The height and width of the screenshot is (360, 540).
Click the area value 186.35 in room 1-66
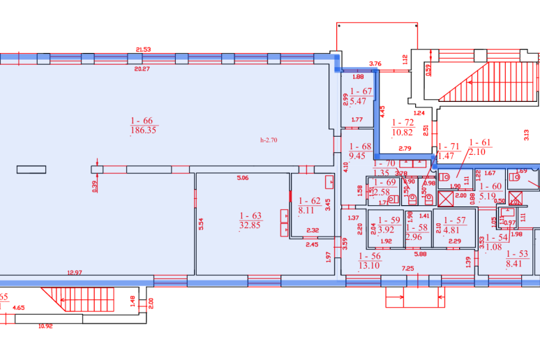pos(143,130)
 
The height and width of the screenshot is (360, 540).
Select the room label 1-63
pos(249,216)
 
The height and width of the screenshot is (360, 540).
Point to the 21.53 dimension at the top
pos(143,50)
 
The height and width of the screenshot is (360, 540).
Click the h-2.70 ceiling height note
pos(269,140)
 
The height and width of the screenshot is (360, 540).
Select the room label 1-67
pos(361,91)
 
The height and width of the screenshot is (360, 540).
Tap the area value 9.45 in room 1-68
pos(359,156)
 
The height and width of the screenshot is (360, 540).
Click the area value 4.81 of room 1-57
pos(452,229)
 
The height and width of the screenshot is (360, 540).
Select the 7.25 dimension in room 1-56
pos(407,269)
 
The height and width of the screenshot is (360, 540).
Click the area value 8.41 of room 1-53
pos(517,264)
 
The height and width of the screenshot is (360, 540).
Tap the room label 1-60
pos(492,186)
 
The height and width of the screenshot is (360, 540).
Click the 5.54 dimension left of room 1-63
pos(200,225)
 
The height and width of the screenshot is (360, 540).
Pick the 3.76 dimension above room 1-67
pos(375,63)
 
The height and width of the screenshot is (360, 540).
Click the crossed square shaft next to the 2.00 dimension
pos(446,197)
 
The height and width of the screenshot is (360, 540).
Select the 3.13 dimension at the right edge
pos(527,132)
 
